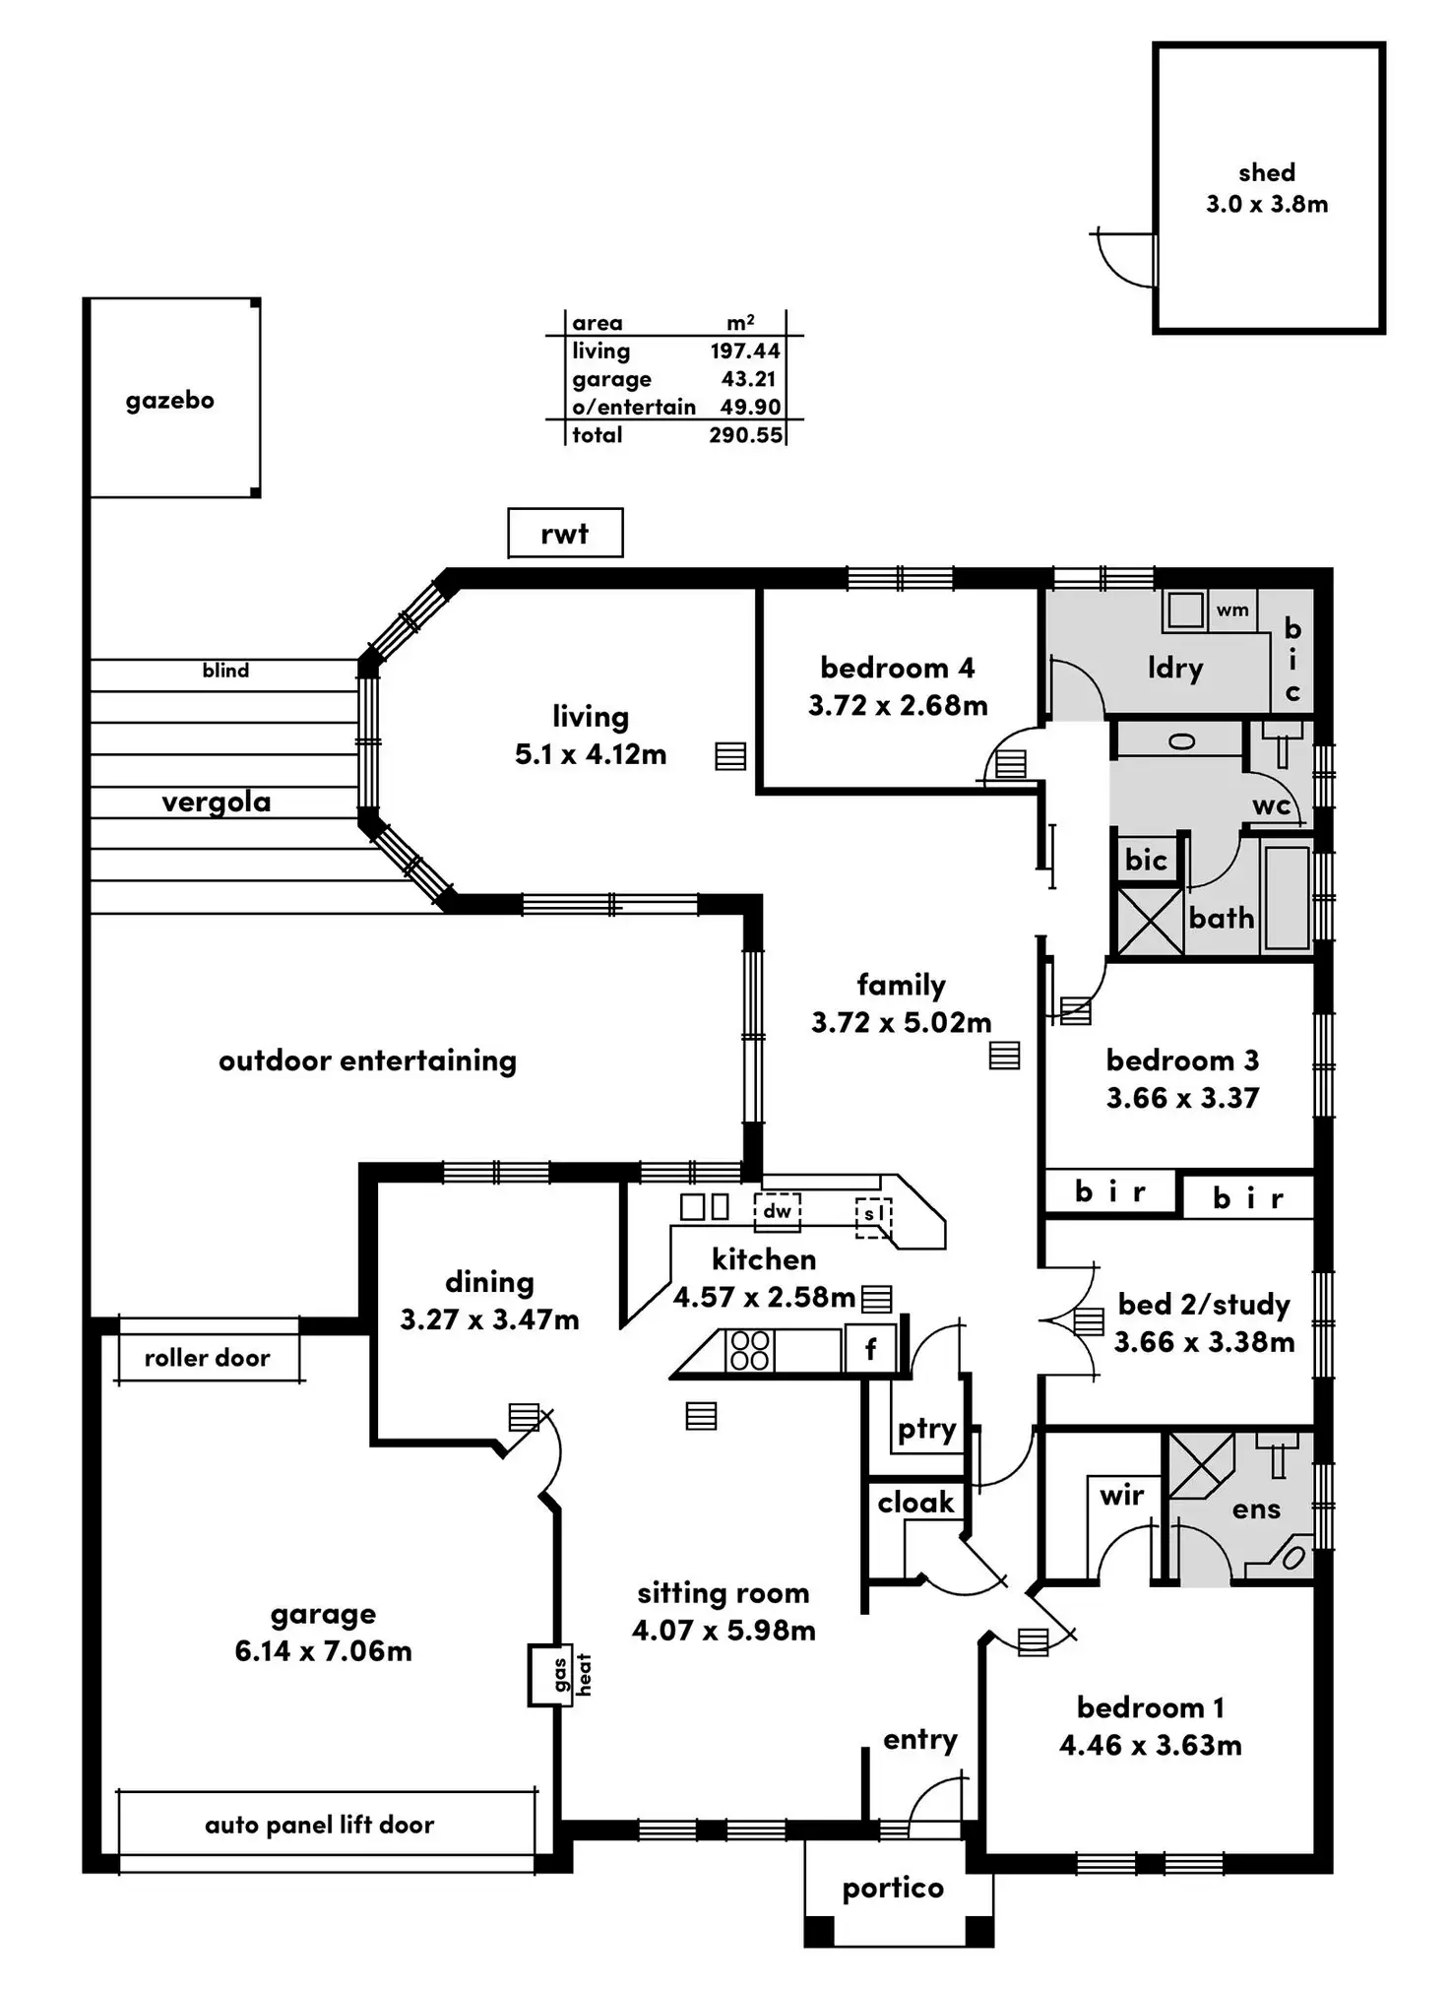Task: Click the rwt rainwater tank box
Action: coord(565,533)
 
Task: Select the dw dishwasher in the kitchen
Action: coord(777,1211)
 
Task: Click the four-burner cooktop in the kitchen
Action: coord(750,1350)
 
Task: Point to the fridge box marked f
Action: coord(870,1349)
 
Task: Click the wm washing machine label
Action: coord(1232,610)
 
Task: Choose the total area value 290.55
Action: coord(745,434)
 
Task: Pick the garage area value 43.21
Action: coord(749,379)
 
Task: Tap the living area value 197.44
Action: coord(745,351)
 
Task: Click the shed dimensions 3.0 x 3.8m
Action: coord(1267,204)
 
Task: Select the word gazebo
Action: coord(169,400)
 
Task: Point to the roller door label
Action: coord(207,1358)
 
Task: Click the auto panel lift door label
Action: coord(319,1825)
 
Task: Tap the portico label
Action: coord(893,1888)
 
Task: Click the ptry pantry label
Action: coord(926,1430)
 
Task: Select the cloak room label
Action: coord(915,1502)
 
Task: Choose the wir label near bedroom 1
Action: coord(1121,1495)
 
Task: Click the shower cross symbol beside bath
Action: coord(1150,922)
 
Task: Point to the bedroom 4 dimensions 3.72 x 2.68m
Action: coord(898,705)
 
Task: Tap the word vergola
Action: coord(217,803)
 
